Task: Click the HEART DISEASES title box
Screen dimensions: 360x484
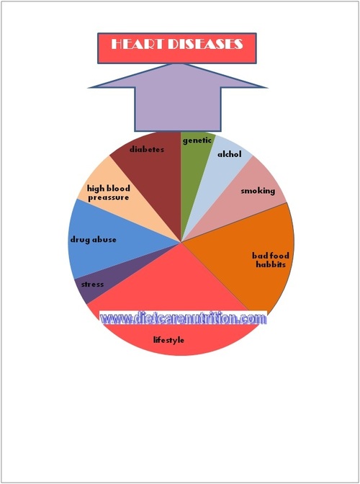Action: click(x=177, y=48)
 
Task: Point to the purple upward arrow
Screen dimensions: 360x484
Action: click(x=178, y=97)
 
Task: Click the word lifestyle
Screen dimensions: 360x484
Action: click(x=168, y=340)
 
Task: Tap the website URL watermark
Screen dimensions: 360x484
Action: click(x=183, y=318)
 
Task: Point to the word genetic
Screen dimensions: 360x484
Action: click(x=197, y=140)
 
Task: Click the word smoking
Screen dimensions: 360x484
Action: click(x=258, y=191)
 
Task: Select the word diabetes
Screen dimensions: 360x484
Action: click(x=147, y=149)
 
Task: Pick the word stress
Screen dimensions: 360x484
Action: click(x=92, y=284)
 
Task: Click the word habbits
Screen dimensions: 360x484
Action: click(x=271, y=264)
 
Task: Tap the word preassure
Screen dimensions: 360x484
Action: click(x=109, y=197)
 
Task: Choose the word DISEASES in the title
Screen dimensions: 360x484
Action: click(x=204, y=44)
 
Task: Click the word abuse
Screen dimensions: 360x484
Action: click(x=104, y=240)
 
